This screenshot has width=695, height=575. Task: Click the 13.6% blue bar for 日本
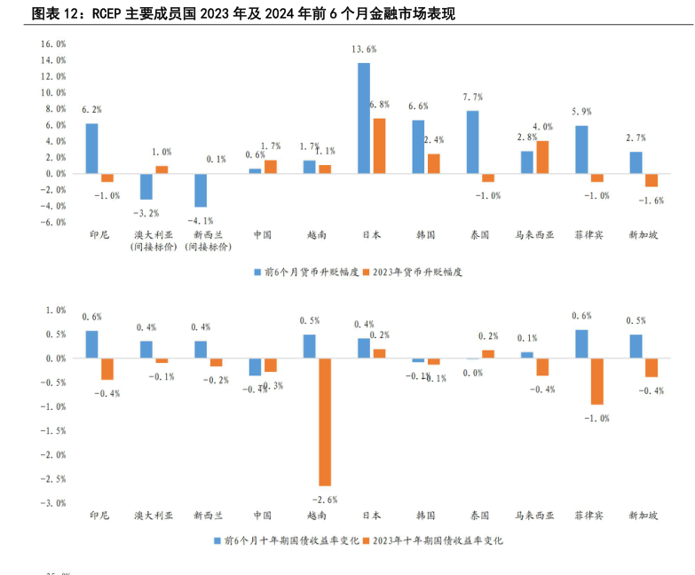(364, 118)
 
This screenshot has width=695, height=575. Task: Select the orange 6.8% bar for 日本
(379, 146)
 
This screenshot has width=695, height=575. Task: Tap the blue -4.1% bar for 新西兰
(201, 190)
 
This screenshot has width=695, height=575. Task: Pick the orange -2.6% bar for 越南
(325, 421)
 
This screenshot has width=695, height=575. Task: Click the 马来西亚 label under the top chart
(534, 235)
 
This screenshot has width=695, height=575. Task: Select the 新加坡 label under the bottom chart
(644, 516)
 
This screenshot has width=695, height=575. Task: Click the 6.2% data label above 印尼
(91, 109)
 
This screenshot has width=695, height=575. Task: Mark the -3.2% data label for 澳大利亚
(146, 213)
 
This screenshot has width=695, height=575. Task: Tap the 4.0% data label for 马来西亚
(542, 127)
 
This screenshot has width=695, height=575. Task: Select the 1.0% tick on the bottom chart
(54, 311)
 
